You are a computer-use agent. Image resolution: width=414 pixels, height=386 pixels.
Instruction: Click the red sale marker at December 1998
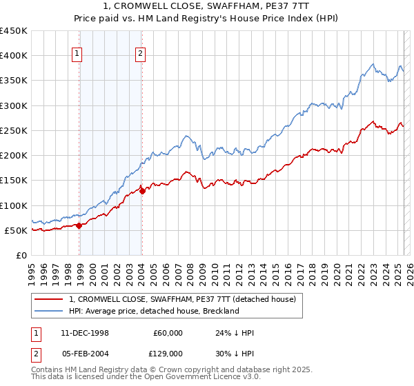[x=79, y=225]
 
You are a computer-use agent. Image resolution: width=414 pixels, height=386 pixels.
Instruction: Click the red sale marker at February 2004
[x=141, y=191]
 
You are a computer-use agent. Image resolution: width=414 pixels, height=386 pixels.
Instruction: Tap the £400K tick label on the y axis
[x=14, y=56]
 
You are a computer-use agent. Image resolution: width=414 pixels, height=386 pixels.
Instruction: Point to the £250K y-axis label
[x=14, y=130]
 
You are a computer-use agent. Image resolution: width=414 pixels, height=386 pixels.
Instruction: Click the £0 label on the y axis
[x=21, y=255]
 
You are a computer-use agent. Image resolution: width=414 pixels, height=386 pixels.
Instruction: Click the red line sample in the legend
[x=48, y=299]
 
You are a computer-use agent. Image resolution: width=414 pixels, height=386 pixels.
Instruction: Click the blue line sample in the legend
[x=48, y=311]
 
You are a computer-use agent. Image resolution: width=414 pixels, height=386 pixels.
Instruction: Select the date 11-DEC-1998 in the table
[x=85, y=333]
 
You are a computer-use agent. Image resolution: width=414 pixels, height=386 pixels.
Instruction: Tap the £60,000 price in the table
[x=168, y=333]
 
